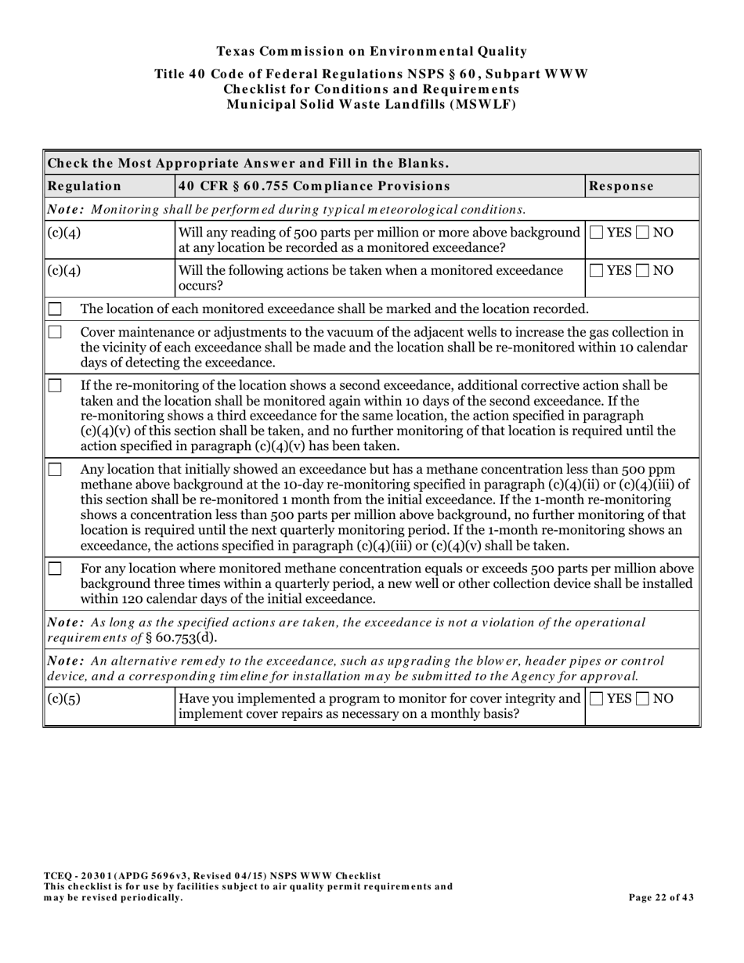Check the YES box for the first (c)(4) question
click(x=597, y=233)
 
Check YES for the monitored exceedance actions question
click(x=597, y=271)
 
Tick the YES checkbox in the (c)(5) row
click(x=597, y=698)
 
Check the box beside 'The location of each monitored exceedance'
click(x=55, y=308)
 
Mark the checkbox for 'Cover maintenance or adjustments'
click(x=55, y=332)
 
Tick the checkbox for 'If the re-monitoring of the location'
click(x=55, y=385)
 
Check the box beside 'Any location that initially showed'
click(x=55, y=470)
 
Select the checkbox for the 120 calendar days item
click(x=55, y=569)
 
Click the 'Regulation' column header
click(x=85, y=186)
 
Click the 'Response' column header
click(x=621, y=186)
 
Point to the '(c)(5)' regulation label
click(x=64, y=698)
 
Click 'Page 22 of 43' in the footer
click(x=661, y=898)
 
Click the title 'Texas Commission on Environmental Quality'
click(x=371, y=52)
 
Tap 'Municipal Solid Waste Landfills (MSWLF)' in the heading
click(x=371, y=104)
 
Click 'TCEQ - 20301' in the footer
click(x=76, y=876)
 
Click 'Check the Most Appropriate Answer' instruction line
click(x=248, y=164)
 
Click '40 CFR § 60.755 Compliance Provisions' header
click(x=314, y=186)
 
